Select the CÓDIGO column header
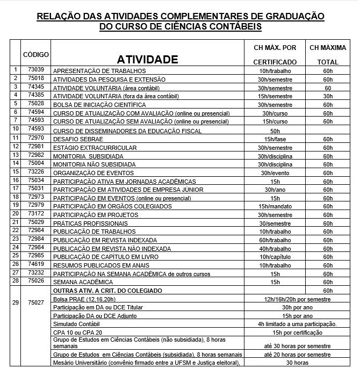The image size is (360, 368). click(x=36, y=55)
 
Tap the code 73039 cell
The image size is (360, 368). click(x=36, y=70)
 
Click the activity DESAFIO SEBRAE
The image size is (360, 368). click(x=75, y=139)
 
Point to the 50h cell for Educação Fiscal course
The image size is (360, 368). click(x=275, y=131)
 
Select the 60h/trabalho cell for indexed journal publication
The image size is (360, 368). click(x=275, y=240)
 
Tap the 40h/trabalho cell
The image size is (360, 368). click(x=275, y=248)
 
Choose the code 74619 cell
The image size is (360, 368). click(x=36, y=264)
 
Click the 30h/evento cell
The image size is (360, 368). click(x=275, y=173)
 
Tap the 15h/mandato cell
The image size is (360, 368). click(x=275, y=206)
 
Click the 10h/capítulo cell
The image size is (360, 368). click(x=275, y=257)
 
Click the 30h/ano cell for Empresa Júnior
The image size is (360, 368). click(x=275, y=190)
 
